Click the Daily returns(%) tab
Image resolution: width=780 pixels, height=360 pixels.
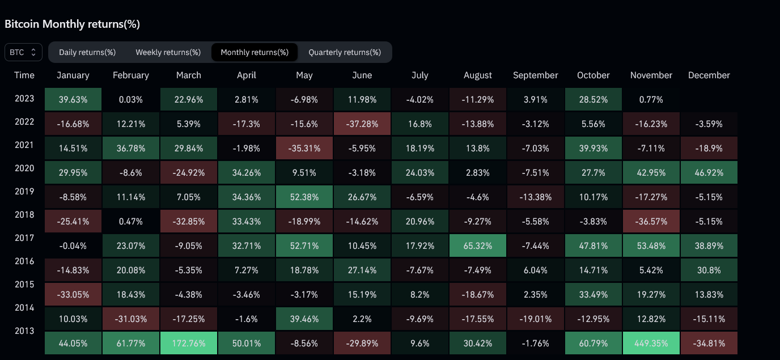pyautogui.click(x=87, y=52)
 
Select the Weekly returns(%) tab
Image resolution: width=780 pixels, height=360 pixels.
pyautogui.click(x=168, y=52)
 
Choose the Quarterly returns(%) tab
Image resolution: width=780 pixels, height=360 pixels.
pyautogui.click(x=345, y=52)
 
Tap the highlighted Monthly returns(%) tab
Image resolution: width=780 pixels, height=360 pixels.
pyautogui.click(x=255, y=52)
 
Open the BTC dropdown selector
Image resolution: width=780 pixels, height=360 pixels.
pyautogui.click(x=23, y=52)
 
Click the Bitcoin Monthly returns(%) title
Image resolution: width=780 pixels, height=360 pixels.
pyautogui.click(x=72, y=24)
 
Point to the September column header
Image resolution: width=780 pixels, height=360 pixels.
pyautogui.click(x=535, y=75)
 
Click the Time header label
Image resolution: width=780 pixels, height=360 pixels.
pyautogui.click(x=24, y=75)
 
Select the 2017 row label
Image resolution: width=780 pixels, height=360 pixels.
pyautogui.click(x=24, y=238)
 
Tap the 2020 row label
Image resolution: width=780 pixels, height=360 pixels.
pyautogui.click(x=24, y=168)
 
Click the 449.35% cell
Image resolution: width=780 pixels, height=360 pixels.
pyautogui.click(x=651, y=343)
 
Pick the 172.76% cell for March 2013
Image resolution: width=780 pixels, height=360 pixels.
pyautogui.click(x=189, y=343)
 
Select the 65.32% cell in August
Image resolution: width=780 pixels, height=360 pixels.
pyautogui.click(x=478, y=247)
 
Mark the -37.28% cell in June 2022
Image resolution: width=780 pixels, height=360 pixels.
pyautogui.click(x=362, y=123)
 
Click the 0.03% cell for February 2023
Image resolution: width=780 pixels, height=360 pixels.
pyautogui.click(x=131, y=99)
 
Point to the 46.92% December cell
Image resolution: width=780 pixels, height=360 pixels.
pyautogui.click(x=709, y=173)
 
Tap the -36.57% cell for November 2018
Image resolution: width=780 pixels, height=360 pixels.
pyautogui.click(x=651, y=221)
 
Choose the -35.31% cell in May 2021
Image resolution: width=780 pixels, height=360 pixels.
pyautogui.click(x=304, y=149)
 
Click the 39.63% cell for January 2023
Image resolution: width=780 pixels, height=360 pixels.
pyautogui.click(x=73, y=99)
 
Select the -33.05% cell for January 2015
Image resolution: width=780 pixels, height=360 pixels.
pyautogui.click(x=73, y=295)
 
